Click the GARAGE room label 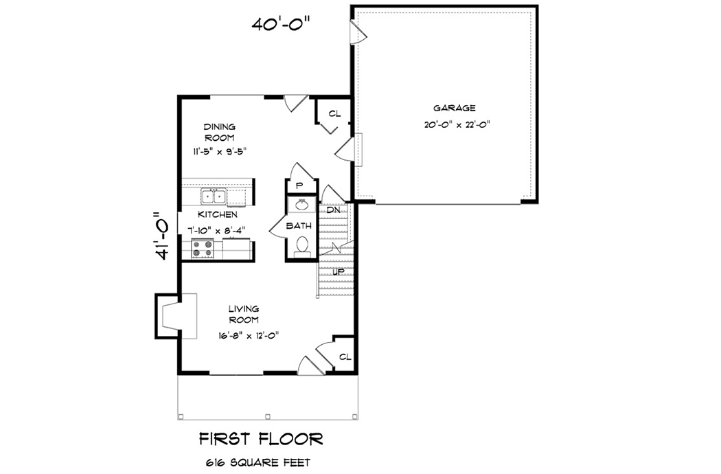[455, 108]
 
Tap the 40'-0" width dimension [281, 24]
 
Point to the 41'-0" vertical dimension [162, 236]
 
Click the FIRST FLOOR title [260, 438]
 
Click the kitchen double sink [214, 197]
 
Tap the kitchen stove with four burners [203, 249]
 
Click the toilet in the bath [301, 246]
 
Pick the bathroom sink [301, 205]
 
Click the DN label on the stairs [334, 210]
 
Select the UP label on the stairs [338, 272]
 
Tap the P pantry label [299, 185]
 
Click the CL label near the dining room [334, 113]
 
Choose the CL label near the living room [345, 357]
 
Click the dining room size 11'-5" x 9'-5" [220, 151]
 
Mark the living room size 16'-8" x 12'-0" [248, 335]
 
